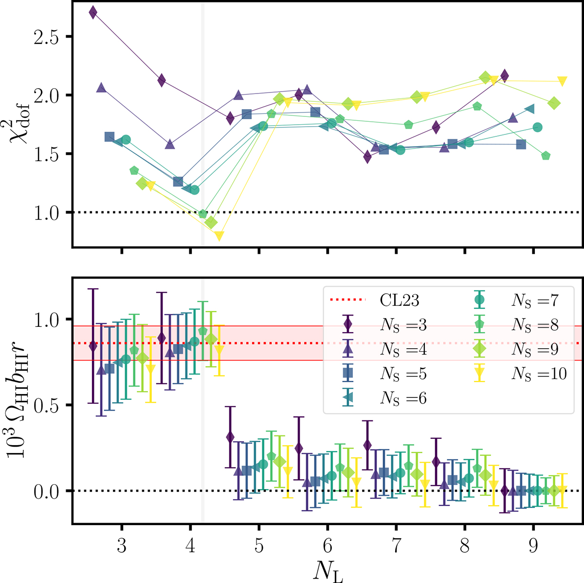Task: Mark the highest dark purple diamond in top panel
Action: point(93,13)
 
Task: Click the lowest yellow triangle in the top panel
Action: point(219,236)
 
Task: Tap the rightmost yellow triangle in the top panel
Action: point(562,81)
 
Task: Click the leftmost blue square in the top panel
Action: point(109,137)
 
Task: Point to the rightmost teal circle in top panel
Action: point(537,127)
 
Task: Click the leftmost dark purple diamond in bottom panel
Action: point(93,346)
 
